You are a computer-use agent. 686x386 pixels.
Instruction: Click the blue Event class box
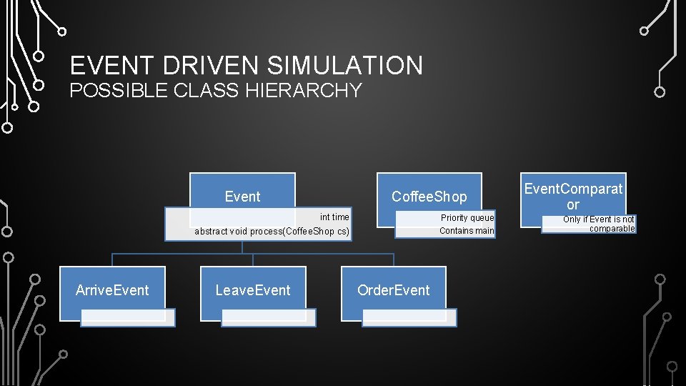click(x=242, y=191)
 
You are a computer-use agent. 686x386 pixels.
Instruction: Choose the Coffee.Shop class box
click(x=429, y=191)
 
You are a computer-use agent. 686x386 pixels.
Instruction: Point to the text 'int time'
click(x=334, y=217)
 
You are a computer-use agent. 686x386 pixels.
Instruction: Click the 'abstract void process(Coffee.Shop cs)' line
click(x=272, y=232)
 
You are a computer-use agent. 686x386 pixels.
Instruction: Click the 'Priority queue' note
click(x=467, y=217)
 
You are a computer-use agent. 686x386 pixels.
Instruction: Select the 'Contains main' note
click(x=467, y=230)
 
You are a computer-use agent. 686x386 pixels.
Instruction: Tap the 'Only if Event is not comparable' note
click(x=598, y=224)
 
